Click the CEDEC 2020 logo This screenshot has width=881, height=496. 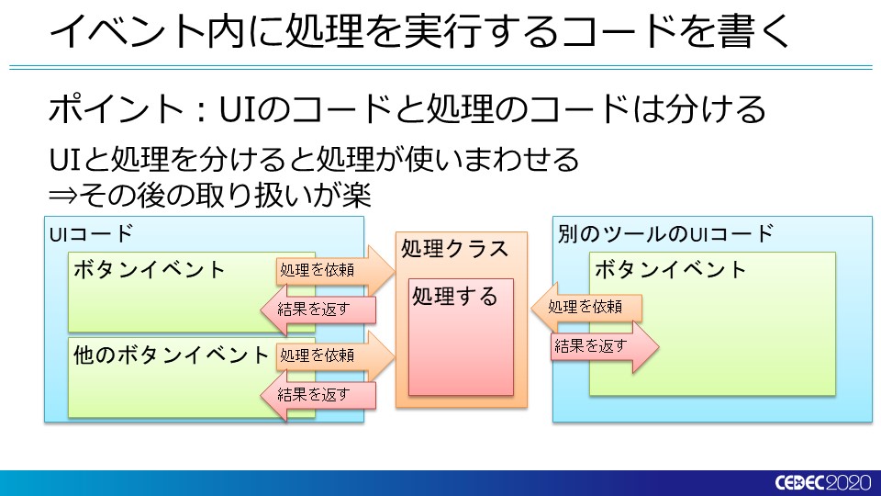pos(822,482)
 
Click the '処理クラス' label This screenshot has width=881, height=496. pos(454,249)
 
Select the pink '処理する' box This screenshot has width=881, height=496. pos(461,337)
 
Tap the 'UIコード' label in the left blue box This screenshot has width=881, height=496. pos(91,233)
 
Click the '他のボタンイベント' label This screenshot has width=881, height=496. pos(171,355)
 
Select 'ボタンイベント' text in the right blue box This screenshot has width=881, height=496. pos(670,269)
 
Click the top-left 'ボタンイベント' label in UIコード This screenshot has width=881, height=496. pos(149,269)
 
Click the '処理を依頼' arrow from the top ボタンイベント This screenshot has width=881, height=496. pos(336,270)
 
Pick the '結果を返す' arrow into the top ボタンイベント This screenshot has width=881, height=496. pos(318,309)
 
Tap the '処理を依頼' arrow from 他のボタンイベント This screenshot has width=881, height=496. pos(336,355)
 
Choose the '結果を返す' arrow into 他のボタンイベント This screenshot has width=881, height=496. pos(318,395)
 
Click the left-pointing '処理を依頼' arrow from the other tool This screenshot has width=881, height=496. pos(586,307)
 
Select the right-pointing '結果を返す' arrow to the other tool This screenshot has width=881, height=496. pos(605,346)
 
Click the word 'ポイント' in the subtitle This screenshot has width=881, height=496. pos(116,108)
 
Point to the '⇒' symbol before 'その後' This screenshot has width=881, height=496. pos(62,196)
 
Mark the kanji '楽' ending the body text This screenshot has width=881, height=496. pos(356,195)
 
